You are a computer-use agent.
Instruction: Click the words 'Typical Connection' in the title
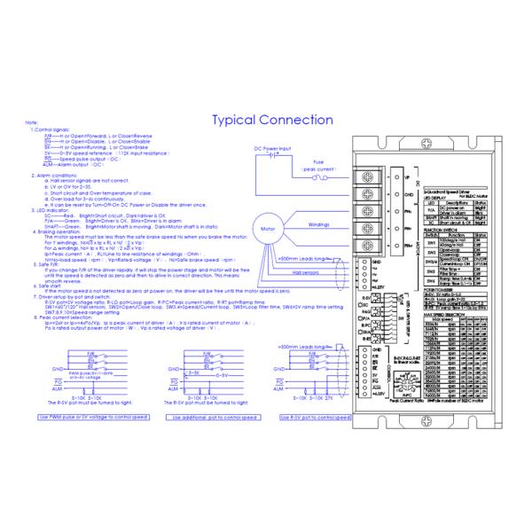272,120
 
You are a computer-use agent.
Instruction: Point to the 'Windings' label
319,224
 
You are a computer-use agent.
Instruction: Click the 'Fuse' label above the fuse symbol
318,162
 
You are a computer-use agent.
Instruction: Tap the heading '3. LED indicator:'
50,209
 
